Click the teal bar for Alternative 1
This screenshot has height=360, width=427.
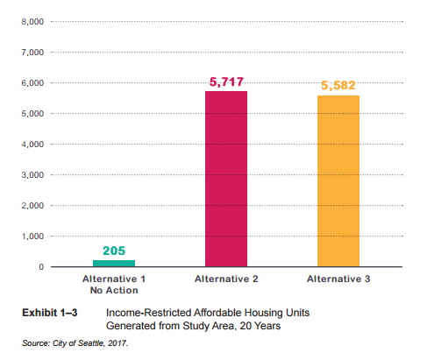click(114, 263)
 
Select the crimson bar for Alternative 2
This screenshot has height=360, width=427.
click(226, 179)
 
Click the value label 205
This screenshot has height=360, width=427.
click(114, 251)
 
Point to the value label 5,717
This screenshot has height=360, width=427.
click(226, 81)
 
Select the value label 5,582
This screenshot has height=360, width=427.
click(339, 85)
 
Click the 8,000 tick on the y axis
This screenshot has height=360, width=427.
click(32, 21)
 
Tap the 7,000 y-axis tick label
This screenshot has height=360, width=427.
click(32, 53)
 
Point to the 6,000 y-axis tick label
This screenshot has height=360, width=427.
click(32, 83)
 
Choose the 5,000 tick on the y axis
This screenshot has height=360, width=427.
click(32, 114)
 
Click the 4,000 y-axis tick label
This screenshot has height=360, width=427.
click(32, 145)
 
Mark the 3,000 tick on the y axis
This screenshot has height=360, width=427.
click(32, 175)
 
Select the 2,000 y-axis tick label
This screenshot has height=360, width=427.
click(32, 206)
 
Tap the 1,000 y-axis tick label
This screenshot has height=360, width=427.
click(32, 236)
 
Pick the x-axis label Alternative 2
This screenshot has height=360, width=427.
click(226, 279)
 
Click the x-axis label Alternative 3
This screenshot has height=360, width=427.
click(339, 279)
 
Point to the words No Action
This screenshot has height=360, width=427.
click(114, 289)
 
